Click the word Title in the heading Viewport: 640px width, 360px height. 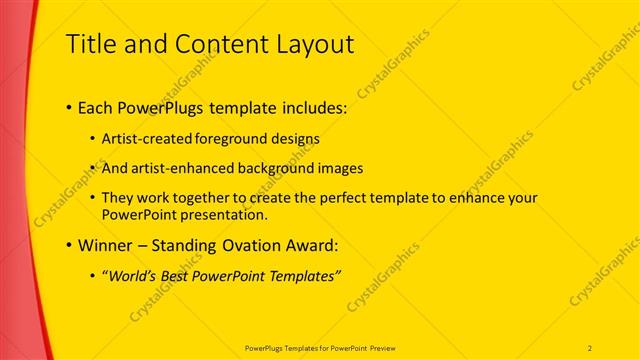(x=91, y=44)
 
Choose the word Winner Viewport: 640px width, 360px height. (x=105, y=244)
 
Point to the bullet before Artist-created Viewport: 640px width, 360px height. (x=93, y=139)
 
